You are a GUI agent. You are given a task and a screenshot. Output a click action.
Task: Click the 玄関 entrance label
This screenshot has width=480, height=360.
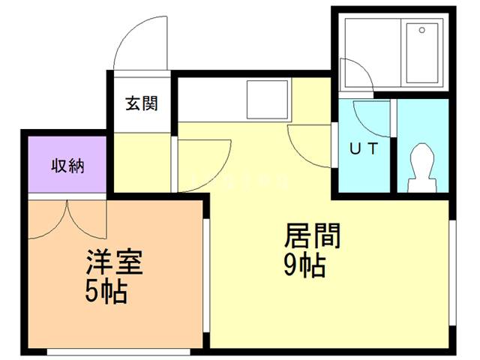[142, 103]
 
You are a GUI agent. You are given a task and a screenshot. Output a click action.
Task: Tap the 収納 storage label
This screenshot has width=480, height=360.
[67, 166]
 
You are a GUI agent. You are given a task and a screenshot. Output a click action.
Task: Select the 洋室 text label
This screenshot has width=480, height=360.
[115, 262]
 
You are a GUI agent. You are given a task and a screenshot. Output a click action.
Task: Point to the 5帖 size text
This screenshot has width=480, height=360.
[106, 291]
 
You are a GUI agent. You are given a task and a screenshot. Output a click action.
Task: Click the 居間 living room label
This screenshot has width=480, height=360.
[312, 235]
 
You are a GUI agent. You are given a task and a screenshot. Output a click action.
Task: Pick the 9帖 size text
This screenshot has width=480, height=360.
[304, 265]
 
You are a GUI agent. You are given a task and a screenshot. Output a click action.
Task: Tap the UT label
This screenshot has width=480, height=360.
[364, 148]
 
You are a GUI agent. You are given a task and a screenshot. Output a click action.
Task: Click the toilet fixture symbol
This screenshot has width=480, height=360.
[422, 168]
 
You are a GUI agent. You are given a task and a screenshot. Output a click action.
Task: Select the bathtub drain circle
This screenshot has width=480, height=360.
[422, 30]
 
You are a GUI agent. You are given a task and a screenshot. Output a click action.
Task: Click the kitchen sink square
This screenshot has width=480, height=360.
[267, 100]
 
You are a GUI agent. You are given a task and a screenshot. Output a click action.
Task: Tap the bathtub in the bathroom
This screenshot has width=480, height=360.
[422, 52]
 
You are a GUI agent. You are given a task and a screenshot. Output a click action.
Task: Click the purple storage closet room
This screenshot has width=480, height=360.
[67, 164]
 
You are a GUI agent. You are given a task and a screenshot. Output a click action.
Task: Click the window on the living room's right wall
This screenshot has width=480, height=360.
[452, 273]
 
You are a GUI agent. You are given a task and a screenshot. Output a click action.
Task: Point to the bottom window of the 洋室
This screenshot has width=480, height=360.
[118, 352]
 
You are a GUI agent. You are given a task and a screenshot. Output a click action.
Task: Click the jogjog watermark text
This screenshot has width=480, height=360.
[239, 180]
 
